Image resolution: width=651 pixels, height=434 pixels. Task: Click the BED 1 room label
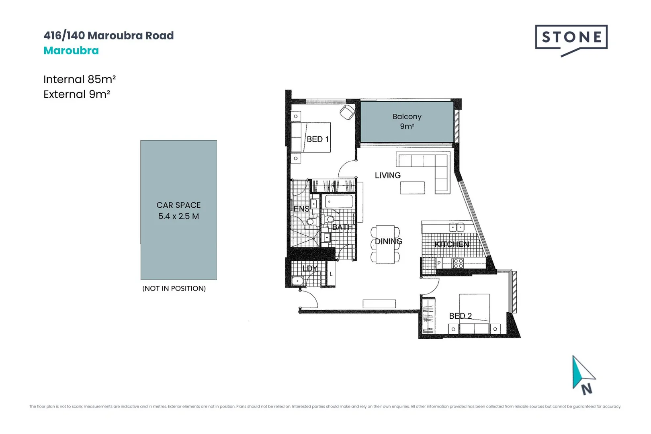pyautogui.click(x=317, y=139)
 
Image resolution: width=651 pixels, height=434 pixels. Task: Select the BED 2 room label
pyautogui.click(x=460, y=316)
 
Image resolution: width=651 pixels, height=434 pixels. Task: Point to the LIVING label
pyautogui.click(x=387, y=175)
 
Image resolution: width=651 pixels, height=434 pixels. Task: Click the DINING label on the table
pyautogui.click(x=388, y=241)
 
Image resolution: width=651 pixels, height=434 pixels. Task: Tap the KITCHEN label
pyautogui.click(x=452, y=244)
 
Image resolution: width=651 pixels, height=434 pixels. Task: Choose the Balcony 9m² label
pyautogui.click(x=407, y=121)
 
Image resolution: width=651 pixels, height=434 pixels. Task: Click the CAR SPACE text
pyautogui.click(x=178, y=205)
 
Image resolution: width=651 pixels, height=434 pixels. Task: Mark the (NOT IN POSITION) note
pyautogui.click(x=174, y=289)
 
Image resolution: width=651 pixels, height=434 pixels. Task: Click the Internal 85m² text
pyautogui.click(x=80, y=79)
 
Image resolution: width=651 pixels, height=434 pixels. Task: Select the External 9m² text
pyautogui.click(x=77, y=94)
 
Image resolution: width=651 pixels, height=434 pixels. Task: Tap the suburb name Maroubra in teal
pyautogui.click(x=71, y=51)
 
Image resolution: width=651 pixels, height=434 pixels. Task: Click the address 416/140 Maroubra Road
pyautogui.click(x=108, y=35)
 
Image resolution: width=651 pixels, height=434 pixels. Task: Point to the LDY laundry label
pyautogui.click(x=309, y=268)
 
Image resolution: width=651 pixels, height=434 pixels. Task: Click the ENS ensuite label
pyautogui.click(x=301, y=209)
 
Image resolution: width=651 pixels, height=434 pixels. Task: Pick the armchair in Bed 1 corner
pyautogui.click(x=347, y=112)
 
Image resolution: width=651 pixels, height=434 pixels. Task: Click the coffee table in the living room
pyautogui.click(x=412, y=188)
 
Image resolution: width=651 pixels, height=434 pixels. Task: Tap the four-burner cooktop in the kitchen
pyautogui.click(x=458, y=263)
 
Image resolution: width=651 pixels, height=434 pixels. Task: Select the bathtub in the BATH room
pyautogui.click(x=339, y=201)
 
